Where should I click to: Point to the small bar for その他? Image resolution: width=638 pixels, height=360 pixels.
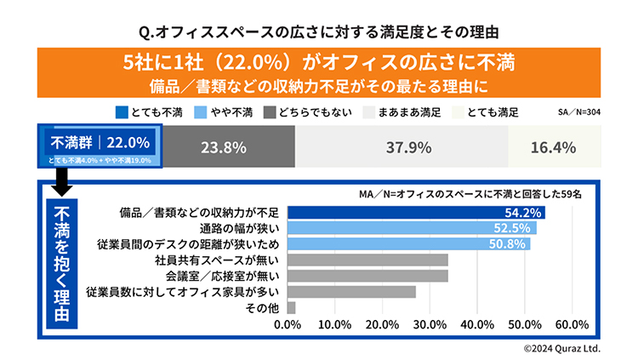(x=292, y=307)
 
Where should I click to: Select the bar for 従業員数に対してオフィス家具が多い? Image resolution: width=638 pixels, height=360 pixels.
(x=352, y=292)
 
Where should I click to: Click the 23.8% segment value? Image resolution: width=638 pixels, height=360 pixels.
(x=224, y=147)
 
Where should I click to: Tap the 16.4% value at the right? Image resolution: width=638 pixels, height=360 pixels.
(x=552, y=147)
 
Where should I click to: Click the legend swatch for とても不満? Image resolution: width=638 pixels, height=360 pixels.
(x=122, y=112)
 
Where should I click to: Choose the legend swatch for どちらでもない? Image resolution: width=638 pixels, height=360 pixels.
(x=271, y=112)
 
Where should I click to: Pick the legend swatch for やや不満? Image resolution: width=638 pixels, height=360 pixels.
(x=198, y=112)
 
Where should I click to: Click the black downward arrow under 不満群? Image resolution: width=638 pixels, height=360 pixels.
(x=62, y=181)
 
